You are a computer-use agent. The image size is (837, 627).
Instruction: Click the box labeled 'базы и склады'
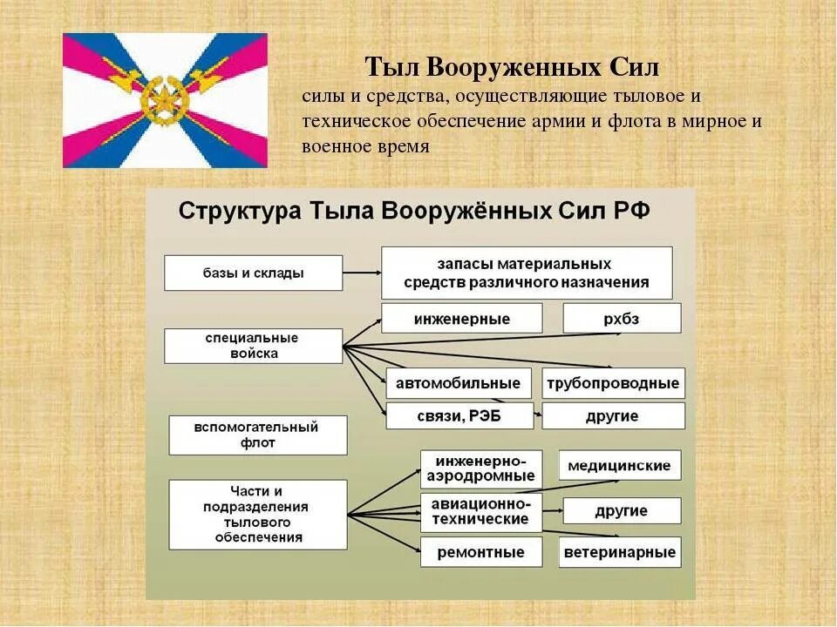point(253,273)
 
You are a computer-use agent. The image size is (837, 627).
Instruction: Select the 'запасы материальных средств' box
point(527,273)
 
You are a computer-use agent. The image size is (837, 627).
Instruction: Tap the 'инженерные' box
point(461,318)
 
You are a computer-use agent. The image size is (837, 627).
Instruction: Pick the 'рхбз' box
point(621,318)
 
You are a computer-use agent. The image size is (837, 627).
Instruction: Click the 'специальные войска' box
point(253,346)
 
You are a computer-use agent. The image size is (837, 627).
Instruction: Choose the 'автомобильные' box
point(459,383)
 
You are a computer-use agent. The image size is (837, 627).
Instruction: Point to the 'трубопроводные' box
point(613,383)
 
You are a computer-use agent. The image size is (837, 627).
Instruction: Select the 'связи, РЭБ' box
point(459,415)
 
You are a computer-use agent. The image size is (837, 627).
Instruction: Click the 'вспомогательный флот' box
point(257,435)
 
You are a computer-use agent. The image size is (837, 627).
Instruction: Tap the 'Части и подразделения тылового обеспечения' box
point(257,514)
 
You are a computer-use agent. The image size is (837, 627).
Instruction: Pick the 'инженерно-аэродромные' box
point(480,469)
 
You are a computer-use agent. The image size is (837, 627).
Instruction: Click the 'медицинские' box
point(619,465)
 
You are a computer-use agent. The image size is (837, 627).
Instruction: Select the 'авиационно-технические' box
point(480,511)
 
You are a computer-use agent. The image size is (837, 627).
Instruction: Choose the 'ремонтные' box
point(480,552)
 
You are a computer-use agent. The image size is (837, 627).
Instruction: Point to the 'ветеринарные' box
point(619,552)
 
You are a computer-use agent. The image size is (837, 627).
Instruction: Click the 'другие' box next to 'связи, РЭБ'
point(613,415)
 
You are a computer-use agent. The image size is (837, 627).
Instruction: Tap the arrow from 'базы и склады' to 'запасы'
point(362,273)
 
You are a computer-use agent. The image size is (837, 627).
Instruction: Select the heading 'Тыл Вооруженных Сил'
point(512,67)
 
